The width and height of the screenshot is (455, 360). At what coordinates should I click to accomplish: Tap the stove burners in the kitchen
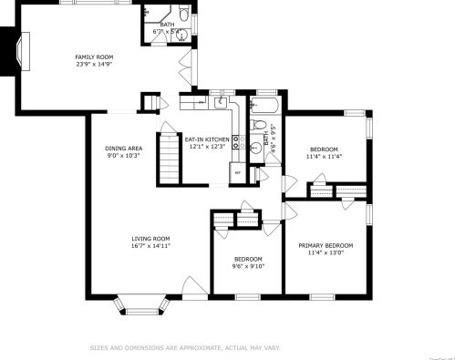(236, 140)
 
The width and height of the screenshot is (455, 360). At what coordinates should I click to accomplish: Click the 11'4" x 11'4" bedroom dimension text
(324, 156)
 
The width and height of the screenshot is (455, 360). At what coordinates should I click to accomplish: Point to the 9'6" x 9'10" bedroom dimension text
(247, 267)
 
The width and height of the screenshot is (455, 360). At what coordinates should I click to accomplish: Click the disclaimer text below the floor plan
(184, 346)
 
